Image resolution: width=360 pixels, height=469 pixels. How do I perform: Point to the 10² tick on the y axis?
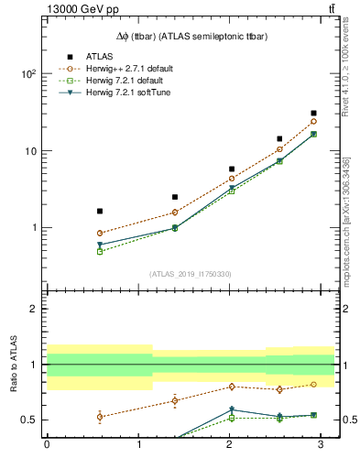tap(29, 74)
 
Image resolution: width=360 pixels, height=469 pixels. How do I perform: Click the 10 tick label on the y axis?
tap(31, 150)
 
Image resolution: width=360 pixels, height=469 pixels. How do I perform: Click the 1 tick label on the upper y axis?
tap(34, 227)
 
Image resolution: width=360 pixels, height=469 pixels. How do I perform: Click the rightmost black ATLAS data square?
tap(313, 113)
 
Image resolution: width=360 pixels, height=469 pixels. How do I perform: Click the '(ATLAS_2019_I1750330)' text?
tap(191, 273)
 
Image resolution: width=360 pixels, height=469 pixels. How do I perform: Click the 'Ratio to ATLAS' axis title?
tap(14, 365)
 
